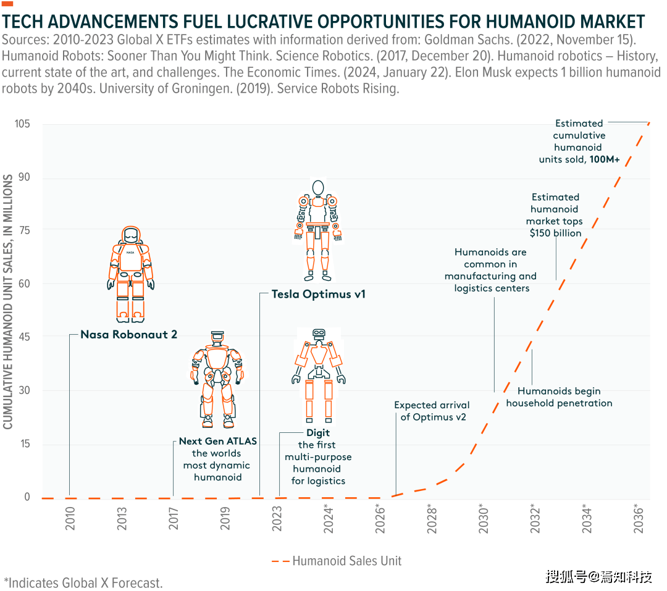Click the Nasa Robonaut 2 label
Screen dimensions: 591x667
click(128, 335)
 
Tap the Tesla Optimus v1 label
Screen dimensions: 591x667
click(318, 295)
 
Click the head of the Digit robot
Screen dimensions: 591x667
click(319, 335)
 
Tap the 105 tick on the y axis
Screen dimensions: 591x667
click(23, 124)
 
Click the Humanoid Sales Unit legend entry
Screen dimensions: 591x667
click(337, 561)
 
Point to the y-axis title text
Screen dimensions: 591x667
click(9, 302)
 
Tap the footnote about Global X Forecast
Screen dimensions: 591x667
click(83, 582)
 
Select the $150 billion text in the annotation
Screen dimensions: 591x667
click(555, 233)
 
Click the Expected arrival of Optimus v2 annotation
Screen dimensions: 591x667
click(432, 411)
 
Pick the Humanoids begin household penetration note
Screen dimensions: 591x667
click(559, 397)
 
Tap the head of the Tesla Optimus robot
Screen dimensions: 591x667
click(318, 188)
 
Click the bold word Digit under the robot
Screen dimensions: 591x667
click(318, 433)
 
